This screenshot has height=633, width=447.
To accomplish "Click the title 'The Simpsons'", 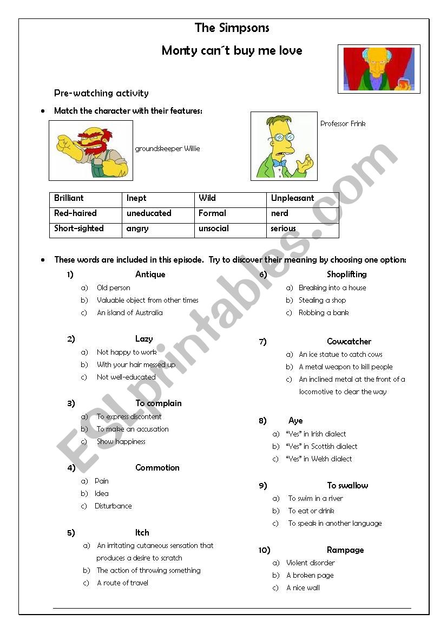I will point(232,28).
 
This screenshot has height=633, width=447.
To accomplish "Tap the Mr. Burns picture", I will point(379,69).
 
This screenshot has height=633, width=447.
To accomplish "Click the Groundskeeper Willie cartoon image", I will point(91,151).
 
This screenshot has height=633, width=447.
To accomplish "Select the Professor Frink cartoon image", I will point(284,146).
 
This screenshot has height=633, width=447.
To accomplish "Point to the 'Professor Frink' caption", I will point(343,124).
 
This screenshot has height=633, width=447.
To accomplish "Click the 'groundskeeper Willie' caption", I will point(167,149).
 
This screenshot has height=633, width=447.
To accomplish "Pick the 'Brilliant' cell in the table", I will point(69,198).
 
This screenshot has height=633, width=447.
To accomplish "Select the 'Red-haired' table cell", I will point(75,213).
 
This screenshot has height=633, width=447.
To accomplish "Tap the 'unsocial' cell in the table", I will point(213,229).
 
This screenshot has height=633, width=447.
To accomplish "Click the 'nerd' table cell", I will point(279,213).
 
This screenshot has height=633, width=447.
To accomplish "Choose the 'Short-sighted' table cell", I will point(78,229).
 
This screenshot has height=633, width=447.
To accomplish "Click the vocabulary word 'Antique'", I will point(150,275).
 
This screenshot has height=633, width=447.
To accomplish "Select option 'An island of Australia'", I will point(129,313).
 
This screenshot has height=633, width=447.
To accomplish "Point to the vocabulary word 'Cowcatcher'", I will point(349,342).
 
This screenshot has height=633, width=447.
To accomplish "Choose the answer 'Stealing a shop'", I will point(322,301).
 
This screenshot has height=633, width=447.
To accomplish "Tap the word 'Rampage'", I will point(345,550).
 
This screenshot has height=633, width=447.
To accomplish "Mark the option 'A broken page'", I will point(310,576).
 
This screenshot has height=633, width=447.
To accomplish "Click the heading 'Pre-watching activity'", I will point(101,93).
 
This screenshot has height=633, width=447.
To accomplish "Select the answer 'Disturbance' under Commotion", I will point(113,506).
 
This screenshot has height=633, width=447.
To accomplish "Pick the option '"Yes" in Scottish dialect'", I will point(323,447).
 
